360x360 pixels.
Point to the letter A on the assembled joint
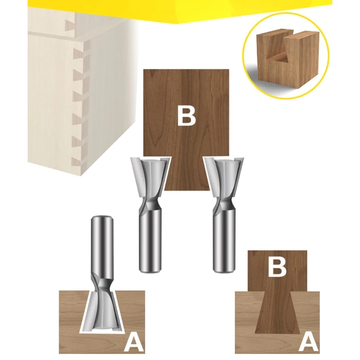tap(308, 342)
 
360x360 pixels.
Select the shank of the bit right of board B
tap(224, 239)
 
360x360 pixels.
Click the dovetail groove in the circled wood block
tap(277, 53)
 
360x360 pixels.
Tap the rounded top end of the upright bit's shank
tap(102, 218)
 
